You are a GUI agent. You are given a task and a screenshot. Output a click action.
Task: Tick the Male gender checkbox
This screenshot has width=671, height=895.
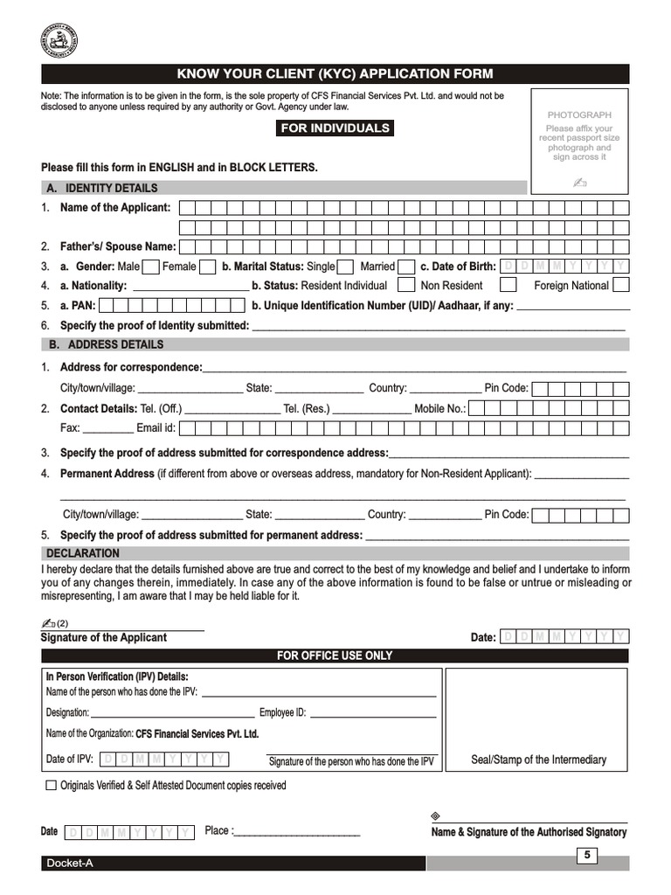[150, 267]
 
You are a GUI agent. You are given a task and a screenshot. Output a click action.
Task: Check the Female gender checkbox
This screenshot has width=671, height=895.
[208, 267]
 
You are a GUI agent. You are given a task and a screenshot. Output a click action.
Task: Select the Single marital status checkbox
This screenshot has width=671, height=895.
[345, 267]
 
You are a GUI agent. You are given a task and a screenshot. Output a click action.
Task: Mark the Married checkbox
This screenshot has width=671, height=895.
[405, 267]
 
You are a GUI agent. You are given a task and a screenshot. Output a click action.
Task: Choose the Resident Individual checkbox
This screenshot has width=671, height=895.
[406, 285]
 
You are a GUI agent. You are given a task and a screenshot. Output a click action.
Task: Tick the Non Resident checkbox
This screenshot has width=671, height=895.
[508, 285]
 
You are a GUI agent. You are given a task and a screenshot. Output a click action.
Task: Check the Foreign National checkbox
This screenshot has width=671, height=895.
[621, 285]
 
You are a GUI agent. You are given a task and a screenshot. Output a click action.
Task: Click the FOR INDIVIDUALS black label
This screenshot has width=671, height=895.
[335, 128]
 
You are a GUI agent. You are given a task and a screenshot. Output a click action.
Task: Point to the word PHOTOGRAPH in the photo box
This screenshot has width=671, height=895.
[579, 115]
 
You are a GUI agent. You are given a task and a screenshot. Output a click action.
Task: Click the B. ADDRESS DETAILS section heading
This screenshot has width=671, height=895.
[106, 344]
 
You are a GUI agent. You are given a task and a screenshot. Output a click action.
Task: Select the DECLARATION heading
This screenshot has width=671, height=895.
[83, 553]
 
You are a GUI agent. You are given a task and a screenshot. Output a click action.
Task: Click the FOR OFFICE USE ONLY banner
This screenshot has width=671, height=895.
[335, 656]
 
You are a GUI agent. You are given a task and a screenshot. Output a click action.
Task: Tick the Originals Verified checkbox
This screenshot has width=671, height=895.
[52, 786]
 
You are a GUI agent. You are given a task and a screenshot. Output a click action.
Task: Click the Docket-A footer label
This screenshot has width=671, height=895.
[70, 864]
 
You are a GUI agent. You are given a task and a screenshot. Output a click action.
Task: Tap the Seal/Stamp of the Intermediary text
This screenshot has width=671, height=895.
[538, 760]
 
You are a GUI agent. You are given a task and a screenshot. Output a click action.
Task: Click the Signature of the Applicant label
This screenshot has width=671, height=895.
[104, 637]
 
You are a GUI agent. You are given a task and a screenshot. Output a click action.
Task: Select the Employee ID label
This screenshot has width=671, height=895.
[282, 712]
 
